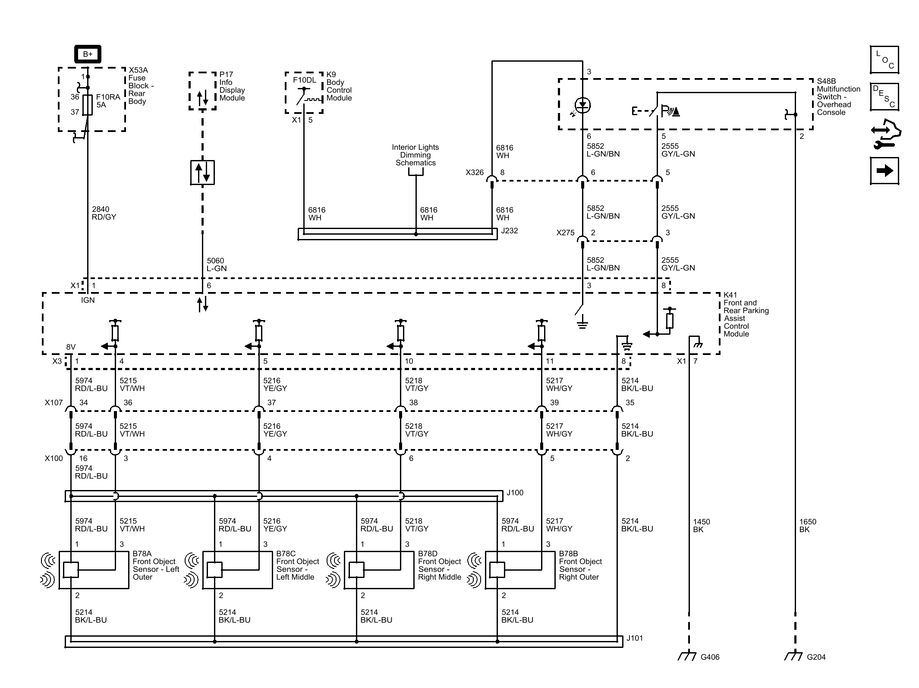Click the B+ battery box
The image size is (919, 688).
[88, 54]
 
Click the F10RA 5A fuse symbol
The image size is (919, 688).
[88, 105]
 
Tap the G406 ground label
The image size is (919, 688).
[710, 657]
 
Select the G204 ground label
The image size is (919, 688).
[816, 657]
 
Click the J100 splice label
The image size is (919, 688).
[515, 493]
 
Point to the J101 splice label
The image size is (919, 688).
[635, 638]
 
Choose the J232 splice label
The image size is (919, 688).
[509, 231]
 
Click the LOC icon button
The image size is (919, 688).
[884, 60]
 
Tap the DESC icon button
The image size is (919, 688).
[884, 97]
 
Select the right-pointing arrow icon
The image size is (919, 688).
[884, 171]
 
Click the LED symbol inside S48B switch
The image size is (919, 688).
[582, 105]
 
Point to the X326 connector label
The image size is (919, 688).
[475, 173]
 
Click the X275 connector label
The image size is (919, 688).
[565, 233]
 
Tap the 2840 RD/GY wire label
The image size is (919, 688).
[104, 213]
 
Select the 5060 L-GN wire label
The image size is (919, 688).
[217, 264]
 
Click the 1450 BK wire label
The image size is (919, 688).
[702, 525]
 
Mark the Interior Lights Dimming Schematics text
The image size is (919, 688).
[415, 155]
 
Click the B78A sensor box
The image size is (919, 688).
[94, 570]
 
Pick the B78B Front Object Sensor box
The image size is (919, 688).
[520, 570]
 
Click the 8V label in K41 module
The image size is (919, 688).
[71, 347]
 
